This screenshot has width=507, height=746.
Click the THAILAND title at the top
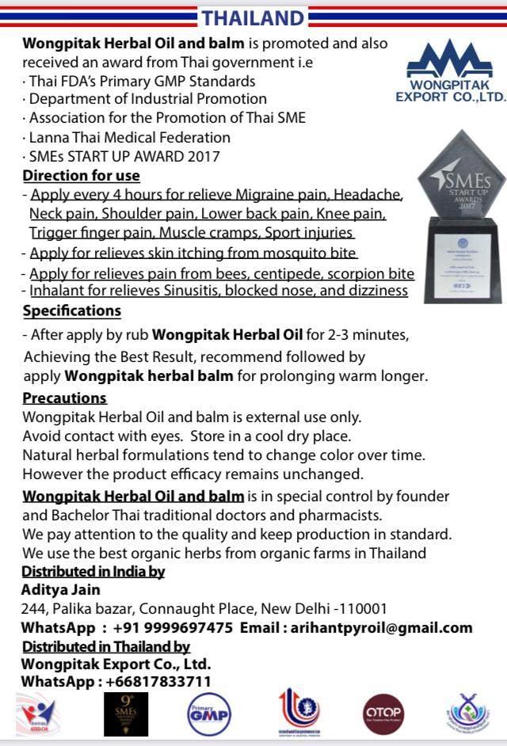click(x=252, y=17)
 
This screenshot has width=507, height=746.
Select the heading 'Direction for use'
click(x=81, y=176)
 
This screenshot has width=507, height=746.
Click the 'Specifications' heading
click(x=71, y=310)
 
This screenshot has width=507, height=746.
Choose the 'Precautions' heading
click(x=64, y=398)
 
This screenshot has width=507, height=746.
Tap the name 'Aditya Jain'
click(x=60, y=589)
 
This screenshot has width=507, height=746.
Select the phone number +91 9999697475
click(x=173, y=627)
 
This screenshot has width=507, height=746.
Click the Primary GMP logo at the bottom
click(x=208, y=714)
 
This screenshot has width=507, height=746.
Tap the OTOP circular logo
click(x=383, y=714)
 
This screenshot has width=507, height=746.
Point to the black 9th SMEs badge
click(x=126, y=714)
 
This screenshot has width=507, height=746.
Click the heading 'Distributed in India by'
click(x=93, y=572)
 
